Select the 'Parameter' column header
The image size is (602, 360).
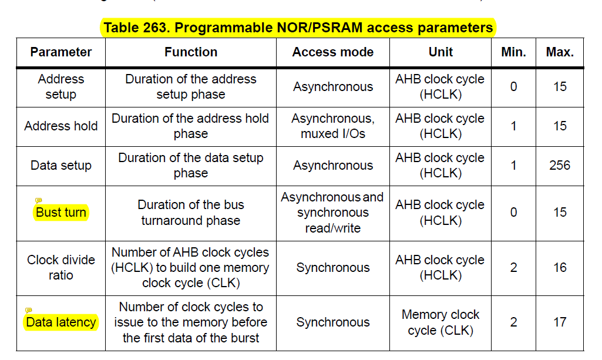(x=61, y=52)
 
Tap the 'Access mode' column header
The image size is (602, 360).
(x=332, y=52)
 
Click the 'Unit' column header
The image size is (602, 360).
(x=440, y=52)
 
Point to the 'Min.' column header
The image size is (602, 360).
(x=513, y=52)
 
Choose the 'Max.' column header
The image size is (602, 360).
(x=559, y=52)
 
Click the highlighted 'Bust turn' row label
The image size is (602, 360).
(x=61, y=213)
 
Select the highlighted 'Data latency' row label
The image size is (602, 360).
(x=61, y=322)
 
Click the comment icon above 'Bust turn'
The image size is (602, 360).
(x=39, y=201)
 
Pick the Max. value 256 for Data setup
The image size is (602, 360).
(x=559, y=166)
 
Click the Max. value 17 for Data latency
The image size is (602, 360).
(x=559, y=322)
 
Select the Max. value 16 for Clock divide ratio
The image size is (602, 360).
(x=559, y=268)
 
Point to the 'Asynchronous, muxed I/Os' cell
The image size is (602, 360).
(x=332, y=126)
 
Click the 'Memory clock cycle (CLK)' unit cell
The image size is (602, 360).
(x=440, y=322)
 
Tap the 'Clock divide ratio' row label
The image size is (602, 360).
(x=61, y=267)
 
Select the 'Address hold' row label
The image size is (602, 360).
(x=61, y=126)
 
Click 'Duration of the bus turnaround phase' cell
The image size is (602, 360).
(x=190, y=213)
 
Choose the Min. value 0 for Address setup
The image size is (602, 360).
(x=513, y=87)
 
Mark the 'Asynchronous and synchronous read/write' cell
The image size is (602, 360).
(x=332, y=213)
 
